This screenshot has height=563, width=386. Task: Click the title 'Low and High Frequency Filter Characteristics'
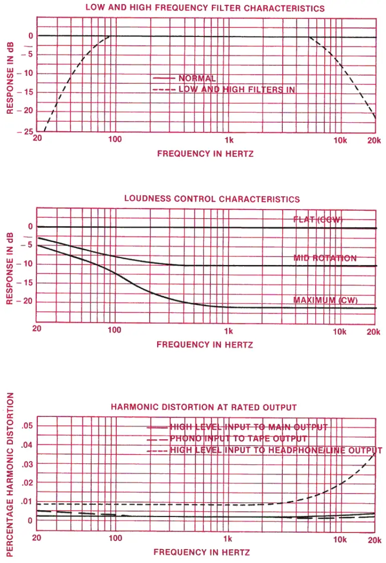(x=205, y=8)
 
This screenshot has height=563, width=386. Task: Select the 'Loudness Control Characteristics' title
(x=212, y=199)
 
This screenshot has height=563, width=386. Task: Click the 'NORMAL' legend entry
(x=197, y=78)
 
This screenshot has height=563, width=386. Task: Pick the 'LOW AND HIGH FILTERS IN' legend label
(x=237, y=90)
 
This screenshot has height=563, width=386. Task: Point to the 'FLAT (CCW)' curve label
(x=318, y=220)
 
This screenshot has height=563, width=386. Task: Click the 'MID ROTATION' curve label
(x=325, y=258)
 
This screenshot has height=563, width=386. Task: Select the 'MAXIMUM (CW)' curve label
(x=326, y=300)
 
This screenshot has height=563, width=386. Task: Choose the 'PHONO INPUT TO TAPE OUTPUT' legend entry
(x=238, y=439)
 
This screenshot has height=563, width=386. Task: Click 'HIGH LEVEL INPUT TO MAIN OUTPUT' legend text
(x=249, y=427)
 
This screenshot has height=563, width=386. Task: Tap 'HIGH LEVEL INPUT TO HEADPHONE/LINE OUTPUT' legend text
(x=276, y=450)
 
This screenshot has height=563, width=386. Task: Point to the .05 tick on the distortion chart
(x=27, y=425)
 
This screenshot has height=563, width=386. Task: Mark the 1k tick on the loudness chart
(x=228, y=330)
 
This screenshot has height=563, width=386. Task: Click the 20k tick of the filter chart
(x=374, y=140)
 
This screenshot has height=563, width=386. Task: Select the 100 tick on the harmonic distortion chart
(x=115, y=538)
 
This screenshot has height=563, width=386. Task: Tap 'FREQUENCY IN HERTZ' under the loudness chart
(x=204, y=345)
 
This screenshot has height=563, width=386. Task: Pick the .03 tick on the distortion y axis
(x=27, y=464)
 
